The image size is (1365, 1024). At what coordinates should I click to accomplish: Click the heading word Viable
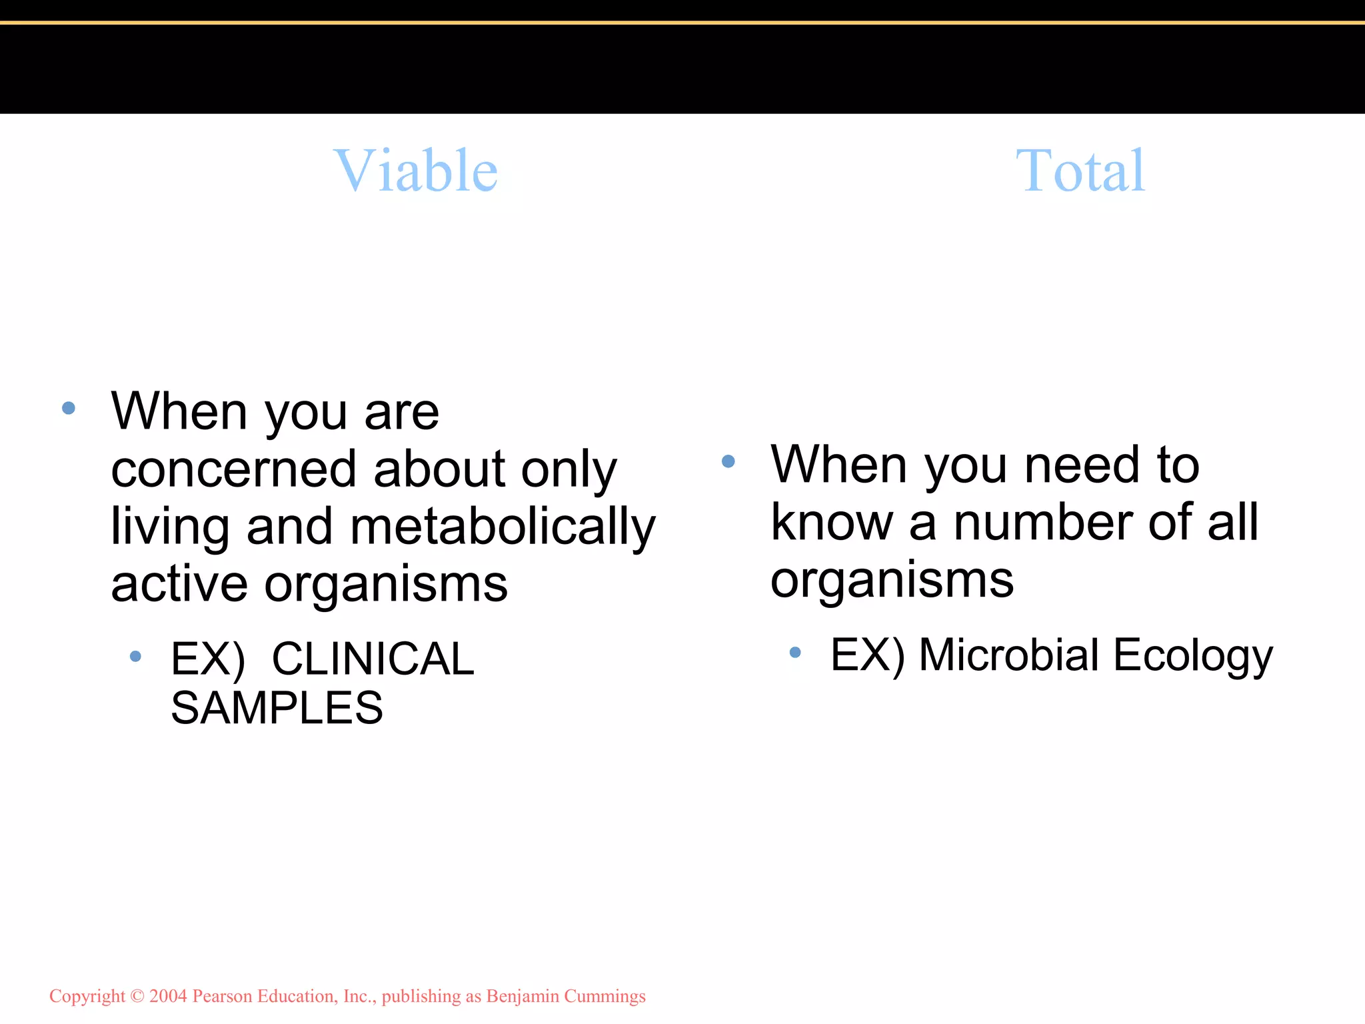[x=415, y=171]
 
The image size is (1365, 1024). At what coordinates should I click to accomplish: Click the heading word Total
[x=1080, y=171]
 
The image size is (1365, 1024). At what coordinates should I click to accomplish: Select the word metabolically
[x=503, y=527]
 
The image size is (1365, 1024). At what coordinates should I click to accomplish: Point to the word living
[x=170, y=527]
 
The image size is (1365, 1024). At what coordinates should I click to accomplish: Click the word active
[x=179, y=584]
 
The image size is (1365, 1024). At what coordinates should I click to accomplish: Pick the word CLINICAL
[x=373, y=659]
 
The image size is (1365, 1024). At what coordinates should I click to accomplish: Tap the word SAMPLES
[x=277, y=707]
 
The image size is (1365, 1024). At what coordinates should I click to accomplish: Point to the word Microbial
[x=1008, y=655]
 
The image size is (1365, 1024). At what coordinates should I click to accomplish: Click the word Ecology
[x=1193, y=656]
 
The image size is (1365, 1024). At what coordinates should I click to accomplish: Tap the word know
[x=831, y=522]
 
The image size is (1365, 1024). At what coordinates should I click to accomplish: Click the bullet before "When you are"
[x=69, y=408]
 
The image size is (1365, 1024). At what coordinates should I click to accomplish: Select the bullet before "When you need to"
[x=728, y=461]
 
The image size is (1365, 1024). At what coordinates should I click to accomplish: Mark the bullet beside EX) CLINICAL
[x=135, y=657]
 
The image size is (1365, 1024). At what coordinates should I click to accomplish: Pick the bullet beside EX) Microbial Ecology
[x=794, y=652]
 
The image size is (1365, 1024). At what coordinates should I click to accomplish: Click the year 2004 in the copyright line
[x=168, y=996]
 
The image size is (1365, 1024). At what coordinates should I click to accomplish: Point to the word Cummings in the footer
[x=605, y=996]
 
